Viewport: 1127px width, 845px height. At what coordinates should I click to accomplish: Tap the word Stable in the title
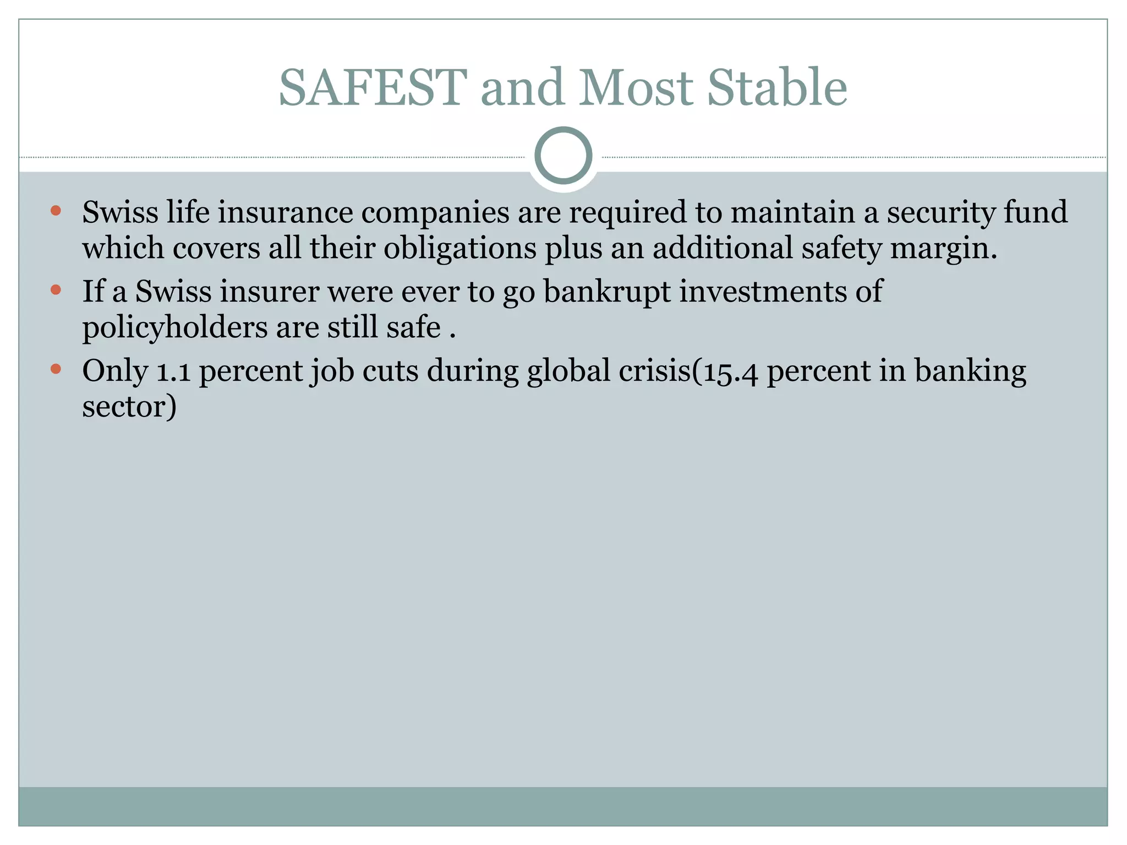tap(776, 88)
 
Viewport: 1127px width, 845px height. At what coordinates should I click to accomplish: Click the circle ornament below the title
tap(563, 156)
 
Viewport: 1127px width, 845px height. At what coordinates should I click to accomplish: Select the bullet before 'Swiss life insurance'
tap(56, 210)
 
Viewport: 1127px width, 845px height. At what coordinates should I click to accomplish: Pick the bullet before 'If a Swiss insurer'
tap(56, 289)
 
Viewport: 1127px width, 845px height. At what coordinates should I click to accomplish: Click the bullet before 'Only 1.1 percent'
tap(56, 369)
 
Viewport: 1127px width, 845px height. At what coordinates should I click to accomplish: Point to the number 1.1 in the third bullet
tap(173, 371)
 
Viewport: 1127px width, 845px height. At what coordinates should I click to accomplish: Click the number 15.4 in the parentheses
tap(727, 371)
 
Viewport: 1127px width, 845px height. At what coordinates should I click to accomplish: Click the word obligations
tap(459, 248)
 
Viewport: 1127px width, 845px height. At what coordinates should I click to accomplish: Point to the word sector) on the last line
tap(129, 407)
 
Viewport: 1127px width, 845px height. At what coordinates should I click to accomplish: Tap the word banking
tap(970, 371)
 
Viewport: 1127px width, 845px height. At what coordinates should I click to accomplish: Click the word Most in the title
tap(635, 88)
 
